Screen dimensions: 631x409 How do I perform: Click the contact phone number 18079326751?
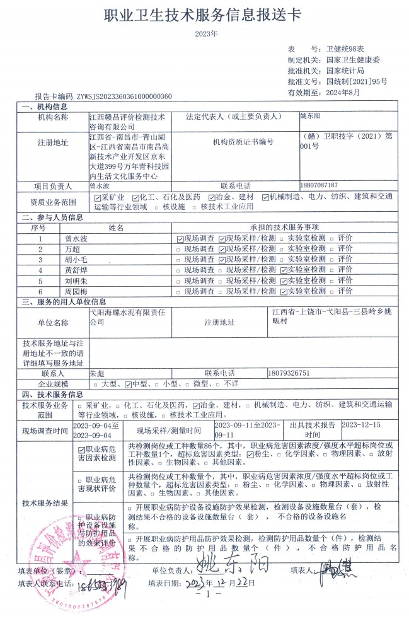tap(289, 373)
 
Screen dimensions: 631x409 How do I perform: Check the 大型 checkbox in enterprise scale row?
tap(96, 383)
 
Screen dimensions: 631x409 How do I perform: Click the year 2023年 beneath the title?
tap(205, 33)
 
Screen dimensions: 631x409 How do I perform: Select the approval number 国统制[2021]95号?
tap(357, 81)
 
